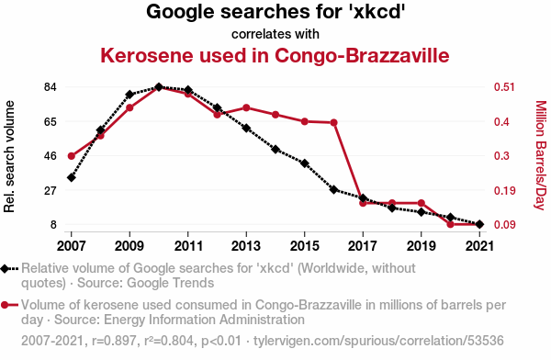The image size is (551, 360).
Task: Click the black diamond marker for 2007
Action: point(72,178)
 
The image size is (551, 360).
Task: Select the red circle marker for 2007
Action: point(72,156)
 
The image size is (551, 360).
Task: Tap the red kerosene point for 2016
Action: point(334,123)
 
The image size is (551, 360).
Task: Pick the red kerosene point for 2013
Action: point(246,107)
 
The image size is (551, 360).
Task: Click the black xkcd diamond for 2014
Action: point(275,150)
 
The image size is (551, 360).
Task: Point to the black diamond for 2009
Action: point(129,95)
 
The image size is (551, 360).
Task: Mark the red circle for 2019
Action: point(422,203)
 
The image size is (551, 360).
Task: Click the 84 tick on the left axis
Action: point(51,87)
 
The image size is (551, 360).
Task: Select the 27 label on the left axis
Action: point(51,190)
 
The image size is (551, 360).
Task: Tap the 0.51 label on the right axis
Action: point(504,87)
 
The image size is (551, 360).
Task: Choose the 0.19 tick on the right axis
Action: point(504,190)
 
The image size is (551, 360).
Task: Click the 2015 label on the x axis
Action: point(304,246)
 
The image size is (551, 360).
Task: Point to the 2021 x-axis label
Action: point(479,246)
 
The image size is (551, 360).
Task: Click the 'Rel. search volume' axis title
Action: point(9,156)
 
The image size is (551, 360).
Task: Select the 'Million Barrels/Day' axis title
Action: point(541,155)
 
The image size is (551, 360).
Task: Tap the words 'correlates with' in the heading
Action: point(275,34)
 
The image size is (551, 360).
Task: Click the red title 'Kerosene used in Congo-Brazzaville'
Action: point(275,55)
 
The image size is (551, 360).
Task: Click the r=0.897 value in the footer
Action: point(114,341)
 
